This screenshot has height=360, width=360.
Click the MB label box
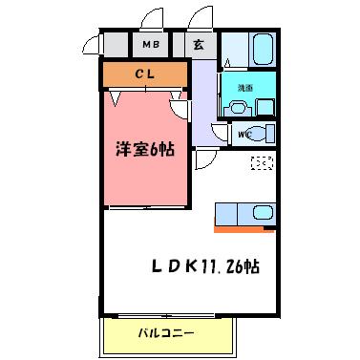click(x=150, y=44)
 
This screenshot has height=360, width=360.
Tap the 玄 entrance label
click(x=198, y=44)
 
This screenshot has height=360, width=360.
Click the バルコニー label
click(x=166, y=334)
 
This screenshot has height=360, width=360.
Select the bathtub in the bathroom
click(x=262, y=48)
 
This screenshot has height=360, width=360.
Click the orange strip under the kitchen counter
click(x=244, y=228)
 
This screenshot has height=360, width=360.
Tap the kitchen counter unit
click(x=244, y=213)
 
